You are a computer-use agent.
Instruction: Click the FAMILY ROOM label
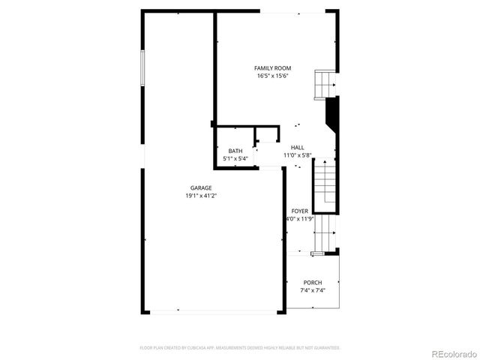click(x=272, y=68)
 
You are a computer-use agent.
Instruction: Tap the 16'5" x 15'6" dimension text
click(x=272, y=76)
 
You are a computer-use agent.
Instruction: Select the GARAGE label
click(x=200, y=188)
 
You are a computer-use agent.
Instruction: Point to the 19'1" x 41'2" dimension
click(x=200, y=196)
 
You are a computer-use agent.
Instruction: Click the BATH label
click(x=235, y=151)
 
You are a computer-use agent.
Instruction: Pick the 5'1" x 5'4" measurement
click(x=235, y=158)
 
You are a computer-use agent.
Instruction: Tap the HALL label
click(x=297, y=148)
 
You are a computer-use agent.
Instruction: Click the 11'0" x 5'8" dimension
click(x=297, y=155)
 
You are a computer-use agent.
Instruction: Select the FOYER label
click(x=299, y=211)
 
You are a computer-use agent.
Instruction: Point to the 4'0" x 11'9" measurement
click(x=298, y=219)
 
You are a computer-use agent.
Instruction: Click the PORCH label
click(x=313, y=283)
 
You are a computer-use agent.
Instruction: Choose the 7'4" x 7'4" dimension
click(x=313, y=290)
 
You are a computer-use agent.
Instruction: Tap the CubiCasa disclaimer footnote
click(x=240, y=348)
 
